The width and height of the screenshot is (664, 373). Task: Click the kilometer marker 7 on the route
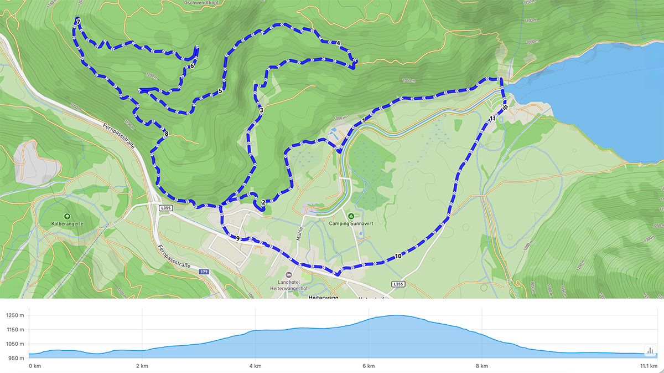click(x=78, y=22)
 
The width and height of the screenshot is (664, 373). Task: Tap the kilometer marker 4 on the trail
click(x=338, y=43)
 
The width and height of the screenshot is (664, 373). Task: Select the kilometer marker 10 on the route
click(x=398, y=256)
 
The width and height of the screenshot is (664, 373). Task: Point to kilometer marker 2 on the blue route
click(x=263, y=203)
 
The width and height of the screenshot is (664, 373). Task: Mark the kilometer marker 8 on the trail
click(x=166, y=133)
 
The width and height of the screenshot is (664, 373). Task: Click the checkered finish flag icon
click(x=505, y=108)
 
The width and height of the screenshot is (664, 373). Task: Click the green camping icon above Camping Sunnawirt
click(x=350, y=216)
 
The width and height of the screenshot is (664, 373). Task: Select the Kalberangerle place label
click(x=68, y=224)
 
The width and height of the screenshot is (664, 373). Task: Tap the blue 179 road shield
click(x=204, y=272)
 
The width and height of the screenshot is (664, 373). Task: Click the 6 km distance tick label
click(x=369, y=366)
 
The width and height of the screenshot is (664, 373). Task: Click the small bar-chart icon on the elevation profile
click(x=650, y=350)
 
